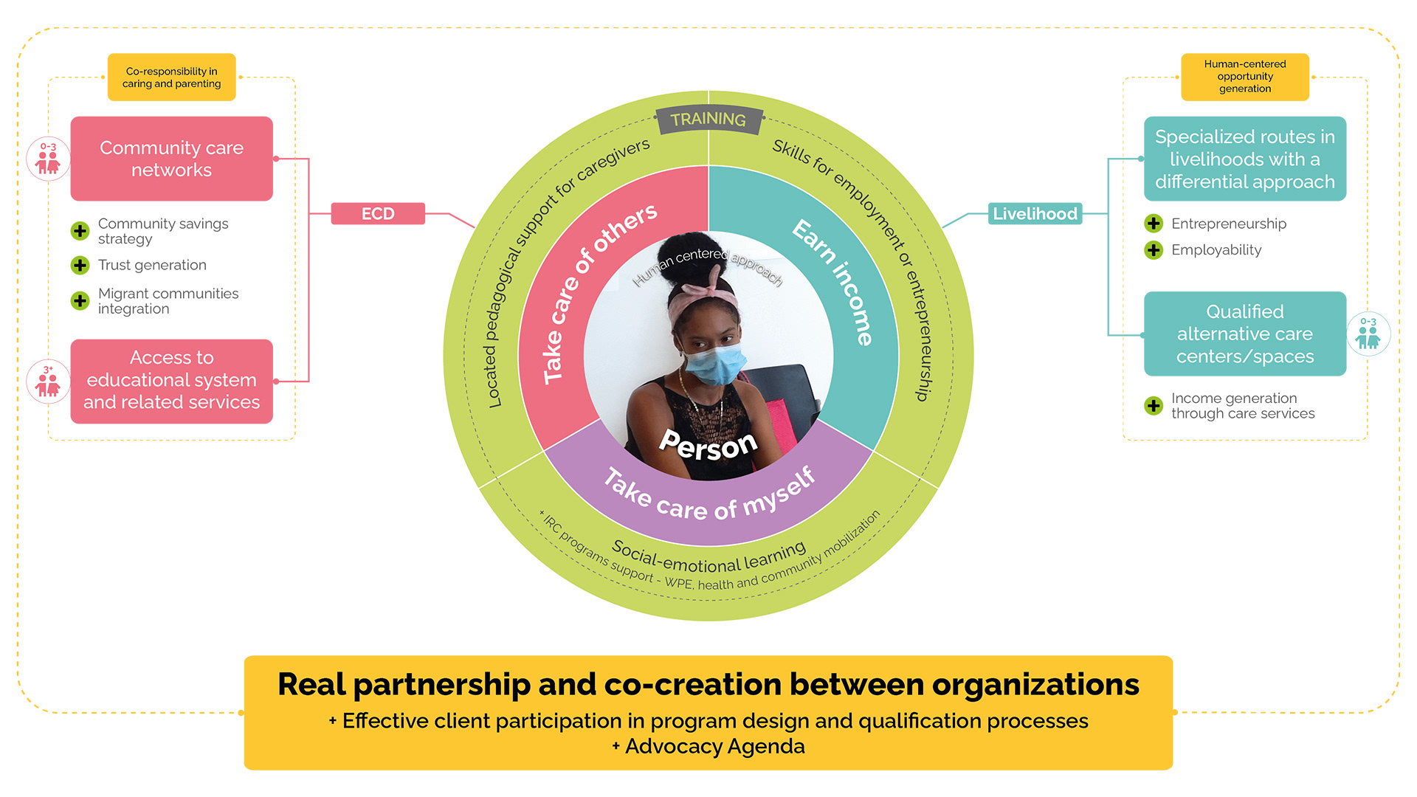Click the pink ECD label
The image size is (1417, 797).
(x=378, y=213)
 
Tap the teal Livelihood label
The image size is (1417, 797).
(x=1035, y=213)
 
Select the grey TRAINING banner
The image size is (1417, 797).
(x=708, y=120)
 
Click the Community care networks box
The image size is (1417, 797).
(x=171, y=159)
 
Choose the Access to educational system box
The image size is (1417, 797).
(x=171, y=381)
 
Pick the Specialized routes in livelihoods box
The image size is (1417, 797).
(x=1244, y=159)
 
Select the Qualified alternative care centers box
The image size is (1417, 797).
(x=1244, y=334)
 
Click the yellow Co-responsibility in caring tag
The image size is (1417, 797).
(x=171, y=77)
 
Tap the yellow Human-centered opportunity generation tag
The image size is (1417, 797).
(x=1244, y=77)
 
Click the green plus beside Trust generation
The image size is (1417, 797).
(x=80, y=265)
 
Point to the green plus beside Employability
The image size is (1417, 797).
(x=1154, y=250)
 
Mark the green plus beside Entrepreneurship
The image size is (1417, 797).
(x=1154, y=224)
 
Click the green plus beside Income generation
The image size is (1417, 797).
(x=1154, y=405)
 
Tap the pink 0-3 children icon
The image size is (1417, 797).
(x=48, y=159)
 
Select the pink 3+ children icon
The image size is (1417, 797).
(x=48, y=381)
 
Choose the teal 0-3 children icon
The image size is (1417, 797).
(x=1368, y=334)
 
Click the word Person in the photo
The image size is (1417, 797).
(x=708, y=445)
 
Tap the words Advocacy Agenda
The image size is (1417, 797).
(x=714, y=746)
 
